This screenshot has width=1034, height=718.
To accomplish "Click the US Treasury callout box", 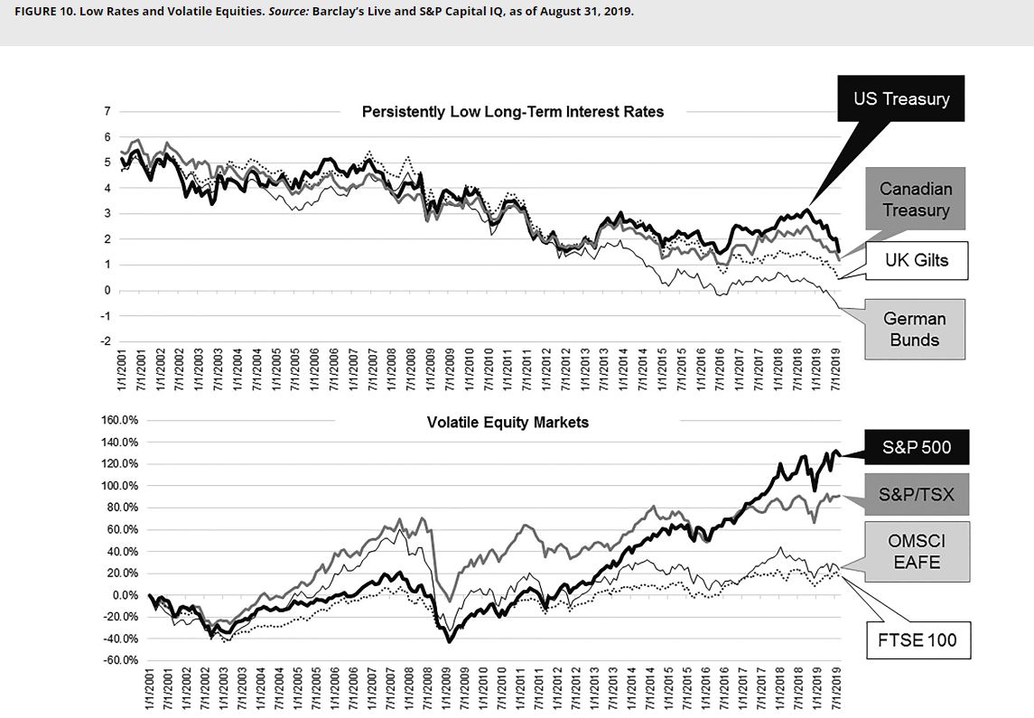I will coord(900,98).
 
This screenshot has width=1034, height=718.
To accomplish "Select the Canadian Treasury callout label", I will coord(915,199).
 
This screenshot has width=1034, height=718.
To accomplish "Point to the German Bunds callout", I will coord(914,329).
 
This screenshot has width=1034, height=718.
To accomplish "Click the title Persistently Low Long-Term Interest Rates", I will coord(512,112).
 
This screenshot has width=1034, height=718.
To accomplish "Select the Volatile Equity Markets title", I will coord(508,422).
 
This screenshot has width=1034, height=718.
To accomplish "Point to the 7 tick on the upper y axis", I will coord(107,111).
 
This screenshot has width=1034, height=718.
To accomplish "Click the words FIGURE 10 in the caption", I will coord(42,13).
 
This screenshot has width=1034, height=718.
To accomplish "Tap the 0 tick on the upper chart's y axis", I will coord(107,290).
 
